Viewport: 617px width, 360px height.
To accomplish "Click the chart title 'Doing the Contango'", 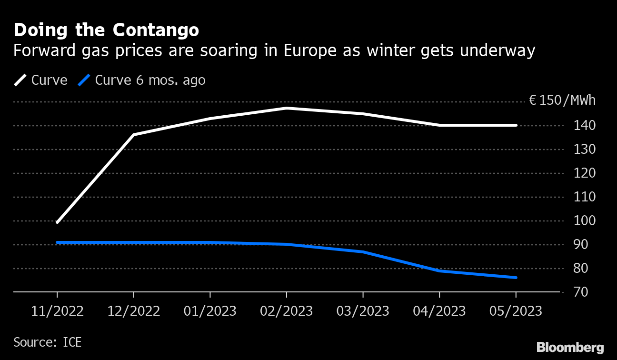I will pos(106,30).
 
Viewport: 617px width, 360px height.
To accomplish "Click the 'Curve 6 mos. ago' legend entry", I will pos(142,80).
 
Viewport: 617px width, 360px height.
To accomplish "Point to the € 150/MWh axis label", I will pos(562,100).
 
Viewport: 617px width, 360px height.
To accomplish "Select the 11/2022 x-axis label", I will pos(57,311).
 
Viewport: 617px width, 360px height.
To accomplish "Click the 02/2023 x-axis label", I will pos(286,311).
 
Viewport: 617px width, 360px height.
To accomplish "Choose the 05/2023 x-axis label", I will pos(516,311).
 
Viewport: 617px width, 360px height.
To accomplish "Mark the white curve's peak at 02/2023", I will pos(286,108).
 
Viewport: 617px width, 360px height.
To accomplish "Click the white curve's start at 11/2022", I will pos(57,222).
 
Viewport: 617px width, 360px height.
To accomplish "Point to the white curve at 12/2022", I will pos(134,135).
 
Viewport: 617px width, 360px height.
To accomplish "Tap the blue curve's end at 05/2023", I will pos(516,278).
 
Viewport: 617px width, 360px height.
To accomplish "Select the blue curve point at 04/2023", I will pos(439,271).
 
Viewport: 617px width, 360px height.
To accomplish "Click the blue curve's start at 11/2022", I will pos(57,242).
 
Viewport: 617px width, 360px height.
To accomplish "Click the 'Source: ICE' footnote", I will pos(48,342).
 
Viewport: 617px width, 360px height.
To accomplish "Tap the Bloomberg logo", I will pos(570,347).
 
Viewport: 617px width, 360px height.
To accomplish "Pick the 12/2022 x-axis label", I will pos(134,311).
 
